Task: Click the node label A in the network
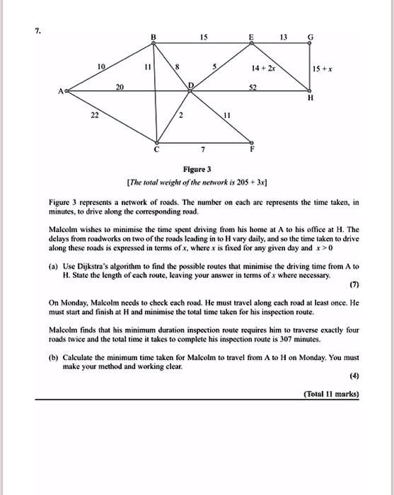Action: click(x=62, y=91)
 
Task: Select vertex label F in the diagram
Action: click(x=250, y=150)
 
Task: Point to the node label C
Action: click(x=157, y=150)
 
